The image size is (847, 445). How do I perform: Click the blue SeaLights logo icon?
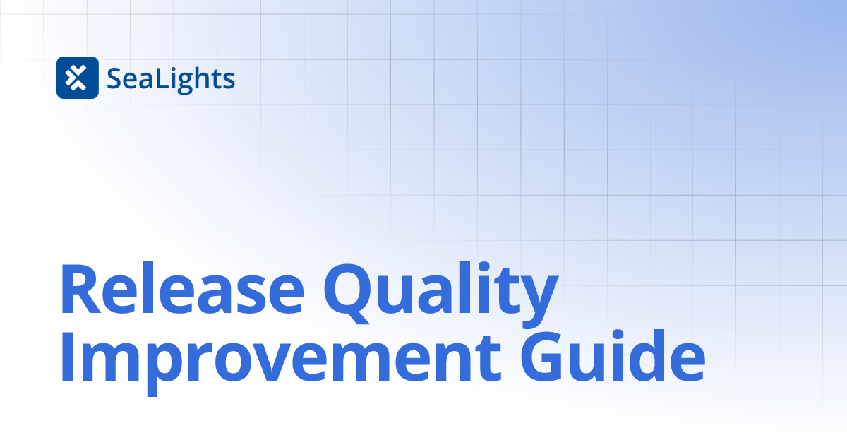click(77, 78)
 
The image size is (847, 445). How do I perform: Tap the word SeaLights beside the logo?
click(171, 78)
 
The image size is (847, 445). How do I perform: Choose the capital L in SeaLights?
click(157, 79)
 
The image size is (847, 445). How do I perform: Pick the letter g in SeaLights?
click(186, 82)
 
